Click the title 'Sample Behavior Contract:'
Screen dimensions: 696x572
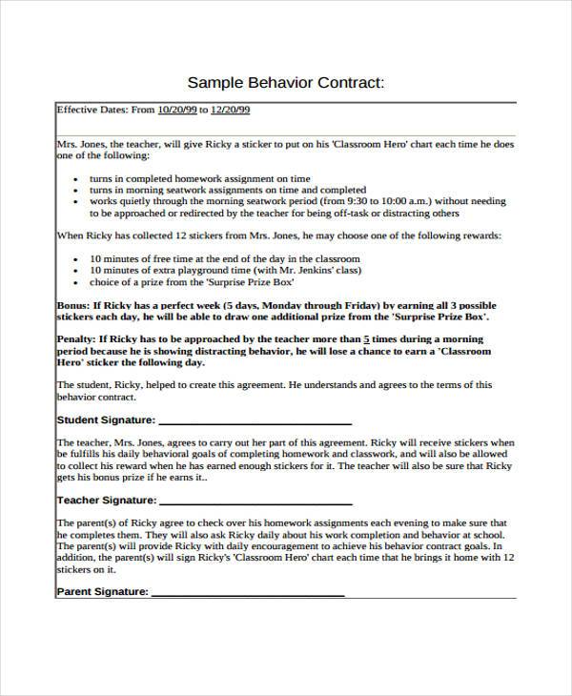pyautogui.click(x=286, y=82)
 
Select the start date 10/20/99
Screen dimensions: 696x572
pyautogui.click(x=178, y=111)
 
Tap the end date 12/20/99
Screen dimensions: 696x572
pyautogui.click(x=230, y=111)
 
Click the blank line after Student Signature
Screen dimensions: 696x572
pyautogui.click(x=255, y=420)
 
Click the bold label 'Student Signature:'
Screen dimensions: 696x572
pyautogui.click(x=106, y=420)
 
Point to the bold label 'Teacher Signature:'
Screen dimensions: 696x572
pyautogui.click(x=106, y=500)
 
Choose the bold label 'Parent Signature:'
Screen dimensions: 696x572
pyautogui.click(x=103, y=591)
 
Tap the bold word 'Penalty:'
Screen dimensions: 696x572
pyautogui.click(x=76, y=339)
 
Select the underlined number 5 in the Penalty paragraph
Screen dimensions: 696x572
pyautogui.click(x=367, y=339)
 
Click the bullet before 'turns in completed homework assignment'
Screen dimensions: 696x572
pyautogui.click(x=75, y=179)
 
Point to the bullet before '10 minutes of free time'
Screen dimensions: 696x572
pyautogui.click(x=75, y=260)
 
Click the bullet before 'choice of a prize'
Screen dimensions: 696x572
pyautogui.click(x=75, y=283)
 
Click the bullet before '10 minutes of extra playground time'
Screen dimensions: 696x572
pyautogui.click(x=75, y=272)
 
